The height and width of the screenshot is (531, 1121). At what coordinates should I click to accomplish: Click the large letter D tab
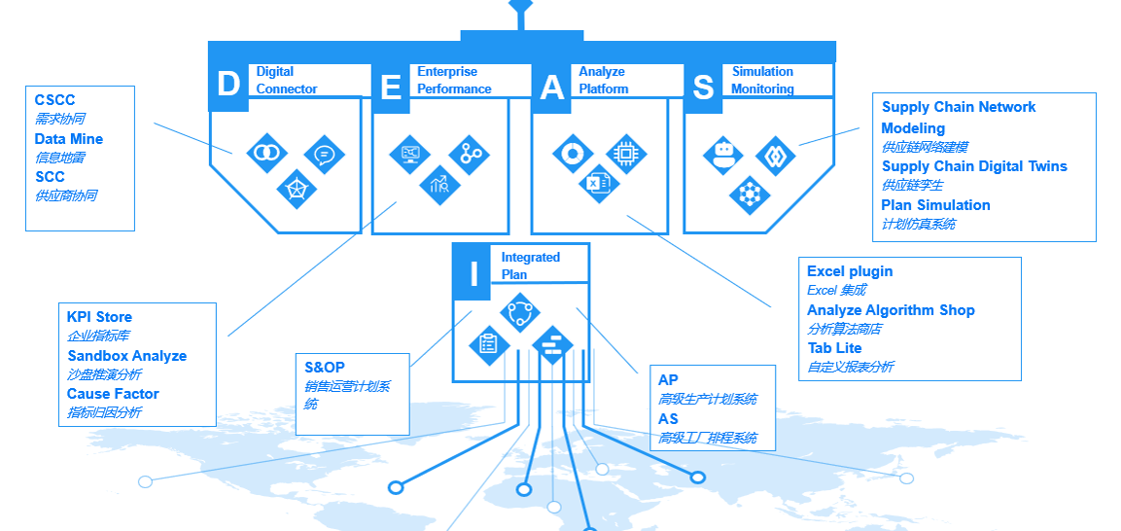point(228,85)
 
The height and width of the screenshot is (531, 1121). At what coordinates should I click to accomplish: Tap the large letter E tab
point(390,88)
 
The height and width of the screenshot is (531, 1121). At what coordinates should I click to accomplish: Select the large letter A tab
point(551,88)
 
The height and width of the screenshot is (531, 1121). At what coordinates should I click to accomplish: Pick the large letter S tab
point(704,88)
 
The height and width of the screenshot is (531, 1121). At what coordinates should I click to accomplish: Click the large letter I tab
point(472,272)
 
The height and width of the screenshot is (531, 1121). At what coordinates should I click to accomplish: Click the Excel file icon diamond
point(599,183)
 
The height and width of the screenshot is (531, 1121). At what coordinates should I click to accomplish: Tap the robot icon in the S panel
point(722,155)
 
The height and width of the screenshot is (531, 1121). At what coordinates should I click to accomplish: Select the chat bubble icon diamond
point(325,155)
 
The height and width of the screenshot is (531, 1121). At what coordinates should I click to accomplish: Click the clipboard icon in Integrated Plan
point(489,344)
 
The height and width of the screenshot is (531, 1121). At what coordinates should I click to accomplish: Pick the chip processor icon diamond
point(626,154)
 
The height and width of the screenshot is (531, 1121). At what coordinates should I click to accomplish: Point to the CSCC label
point(55,100)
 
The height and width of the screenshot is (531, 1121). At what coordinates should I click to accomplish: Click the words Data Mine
point(69,139)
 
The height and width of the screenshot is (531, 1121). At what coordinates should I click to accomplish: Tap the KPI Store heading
point(99,317)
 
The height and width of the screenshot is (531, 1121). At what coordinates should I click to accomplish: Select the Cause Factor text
point(113,394)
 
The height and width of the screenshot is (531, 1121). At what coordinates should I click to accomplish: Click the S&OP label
point(325,368)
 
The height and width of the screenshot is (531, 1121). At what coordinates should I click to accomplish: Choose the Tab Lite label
point(835,348)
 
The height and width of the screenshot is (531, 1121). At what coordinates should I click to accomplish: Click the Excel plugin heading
point(850,271)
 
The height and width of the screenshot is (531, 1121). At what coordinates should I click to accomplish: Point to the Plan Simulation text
point(936,205)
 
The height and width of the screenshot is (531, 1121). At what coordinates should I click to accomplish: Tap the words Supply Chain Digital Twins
point(974,166)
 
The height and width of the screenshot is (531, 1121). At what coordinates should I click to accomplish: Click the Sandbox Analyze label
point(127,356)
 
